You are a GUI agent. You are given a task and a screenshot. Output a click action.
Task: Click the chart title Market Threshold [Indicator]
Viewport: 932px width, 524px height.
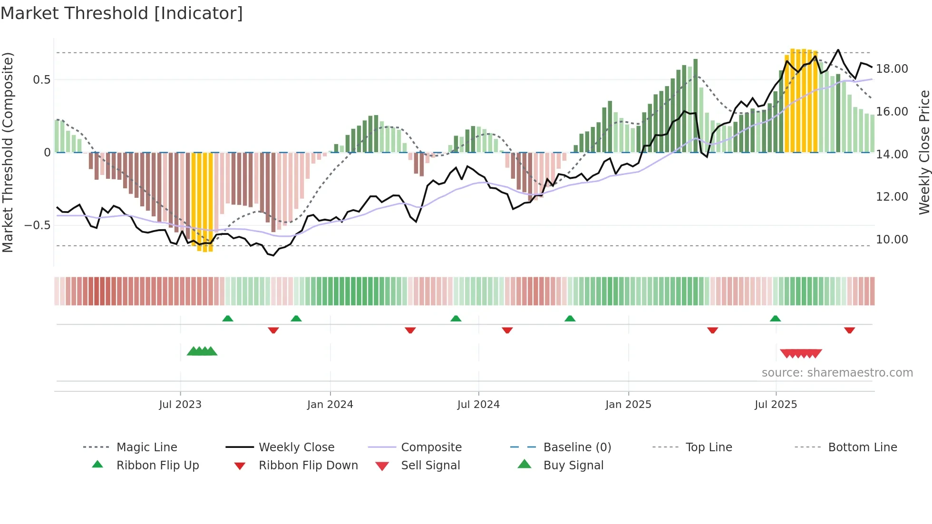(x=122, y=13)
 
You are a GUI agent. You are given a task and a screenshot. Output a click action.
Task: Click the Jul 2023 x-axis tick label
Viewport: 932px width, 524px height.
(x=180, y=405)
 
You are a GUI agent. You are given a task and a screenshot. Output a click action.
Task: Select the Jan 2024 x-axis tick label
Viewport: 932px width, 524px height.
(x=330, y=405)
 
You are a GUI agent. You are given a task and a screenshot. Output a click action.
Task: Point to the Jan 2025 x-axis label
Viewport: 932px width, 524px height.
(x=628, y=405)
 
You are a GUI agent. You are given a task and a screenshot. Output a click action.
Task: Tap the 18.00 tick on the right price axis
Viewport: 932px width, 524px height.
(x=892, y=69)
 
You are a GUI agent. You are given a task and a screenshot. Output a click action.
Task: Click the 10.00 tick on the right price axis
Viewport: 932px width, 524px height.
(x=892, y=240)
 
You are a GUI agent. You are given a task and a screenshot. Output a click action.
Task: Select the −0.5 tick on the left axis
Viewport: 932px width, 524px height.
(x=38, y=225)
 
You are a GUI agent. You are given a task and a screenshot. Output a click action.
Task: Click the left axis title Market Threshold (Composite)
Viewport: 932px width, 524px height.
(x=8, y=152)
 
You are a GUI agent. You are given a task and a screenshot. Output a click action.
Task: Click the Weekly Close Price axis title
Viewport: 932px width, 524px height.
(x=924, y=152)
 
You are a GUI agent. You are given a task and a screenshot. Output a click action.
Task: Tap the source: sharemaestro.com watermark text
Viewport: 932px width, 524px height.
(x=837, y=373)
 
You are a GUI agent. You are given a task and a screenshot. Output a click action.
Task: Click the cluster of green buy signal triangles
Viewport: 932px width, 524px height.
(x=202, y=351)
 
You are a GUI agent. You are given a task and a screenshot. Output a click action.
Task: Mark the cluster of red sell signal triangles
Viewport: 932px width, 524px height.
(x=801, y=354)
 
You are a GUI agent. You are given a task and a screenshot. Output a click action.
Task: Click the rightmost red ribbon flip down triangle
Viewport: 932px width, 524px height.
(x=849, y=330)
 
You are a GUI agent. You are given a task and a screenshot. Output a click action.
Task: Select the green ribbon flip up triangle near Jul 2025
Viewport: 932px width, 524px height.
(x=775, y=319)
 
